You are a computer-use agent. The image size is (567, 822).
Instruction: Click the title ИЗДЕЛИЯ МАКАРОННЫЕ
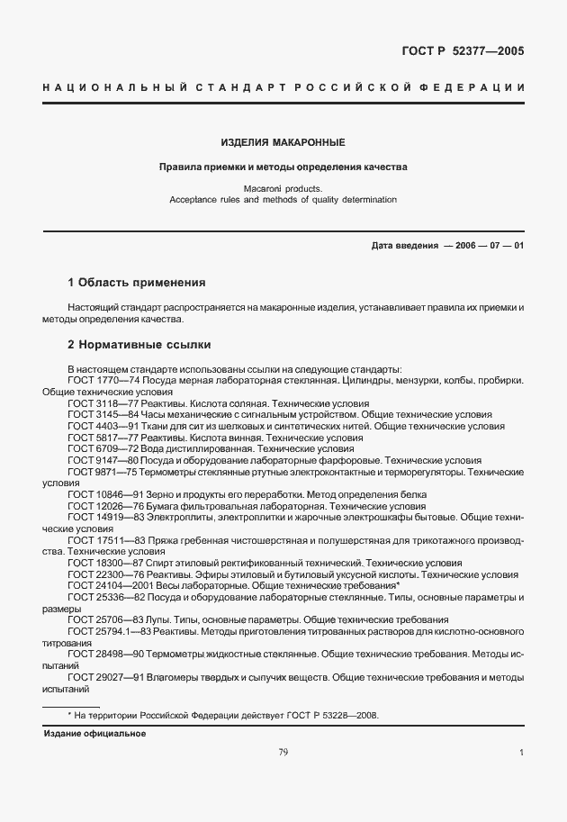coord(283,142)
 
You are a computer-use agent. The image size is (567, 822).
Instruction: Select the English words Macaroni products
coord(283,188)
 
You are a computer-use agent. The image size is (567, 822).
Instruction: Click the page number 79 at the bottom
coord(283,753)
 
